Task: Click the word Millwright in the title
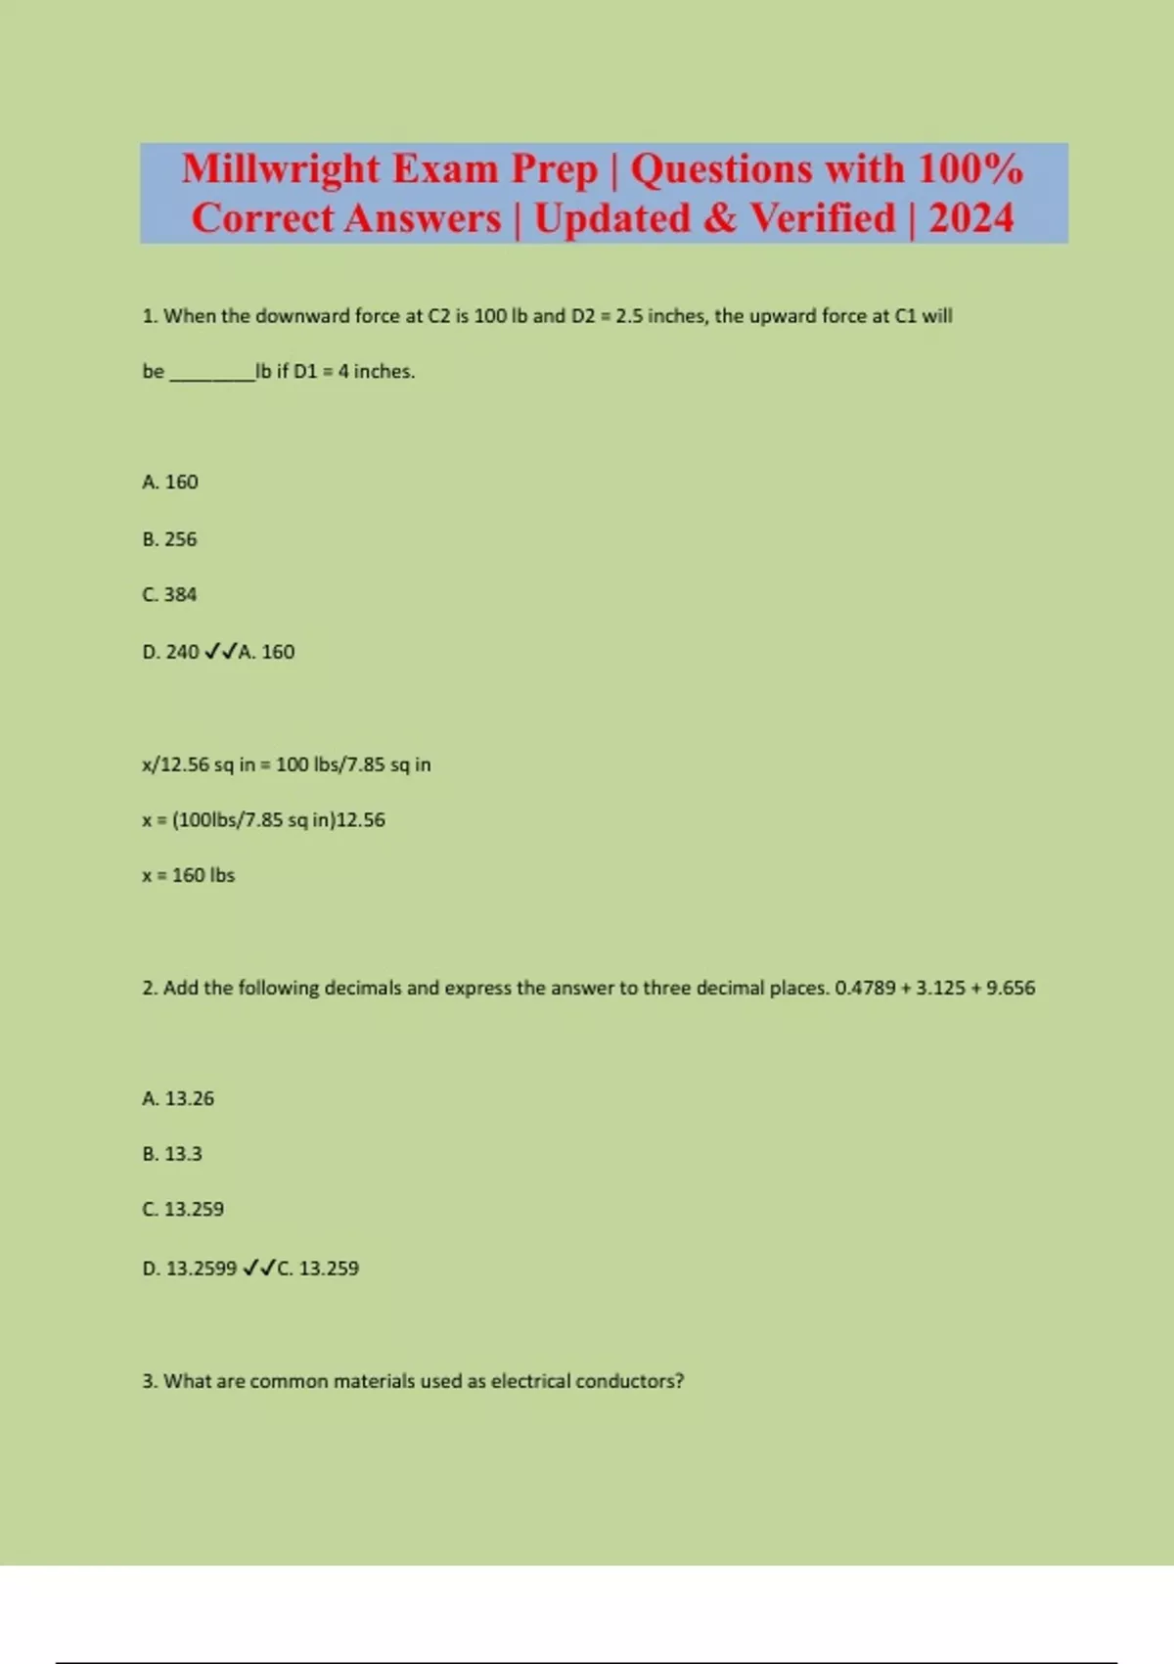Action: click(281, 169)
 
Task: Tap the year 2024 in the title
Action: click(971, 218)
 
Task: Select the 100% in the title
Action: click(971, 169)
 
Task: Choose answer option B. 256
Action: click(169, 539)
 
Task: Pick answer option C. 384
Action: click(169, 595)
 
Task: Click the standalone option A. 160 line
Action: click(169, 483)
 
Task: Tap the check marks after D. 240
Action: click(220, 652)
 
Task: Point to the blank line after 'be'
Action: click(211, 373)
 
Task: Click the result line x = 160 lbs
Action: click(188, 875)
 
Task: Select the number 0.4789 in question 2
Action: click(865, 988)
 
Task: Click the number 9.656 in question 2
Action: click(1011, 988)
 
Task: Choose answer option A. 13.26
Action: click(178, 1098)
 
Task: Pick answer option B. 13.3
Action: click(172, 1154)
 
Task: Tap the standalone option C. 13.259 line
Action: click(183, 1210)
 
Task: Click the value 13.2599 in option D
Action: click(202, 1269)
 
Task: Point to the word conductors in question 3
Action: click(629, 1381)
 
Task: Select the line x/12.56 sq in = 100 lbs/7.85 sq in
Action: click(286, 764)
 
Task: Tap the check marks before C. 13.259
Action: click(259, 1269)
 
